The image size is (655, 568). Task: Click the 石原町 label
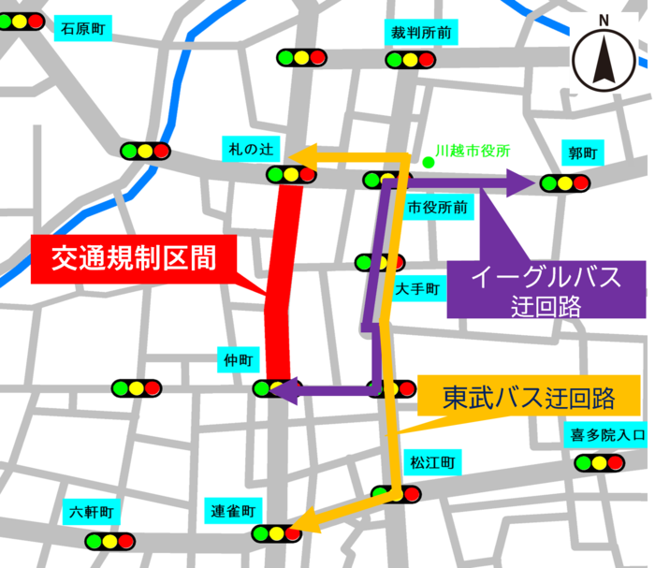coord(83,29)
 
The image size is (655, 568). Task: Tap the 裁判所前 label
coord(421,33)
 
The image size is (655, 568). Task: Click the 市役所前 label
coord(438,207)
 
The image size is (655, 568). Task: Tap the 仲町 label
coord(239,360)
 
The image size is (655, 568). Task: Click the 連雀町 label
coord(232,511)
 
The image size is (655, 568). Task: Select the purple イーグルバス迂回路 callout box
coord(546,288)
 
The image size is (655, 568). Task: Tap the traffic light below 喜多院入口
coord(599,462)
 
